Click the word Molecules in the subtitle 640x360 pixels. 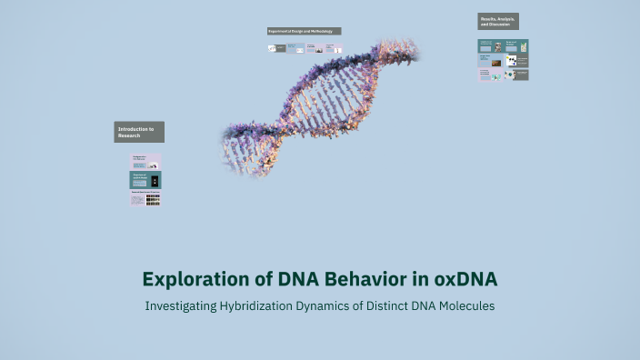pyautogui.click(x=465, y=306)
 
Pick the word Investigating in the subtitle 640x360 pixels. pyautogui.click(x=180, y=306)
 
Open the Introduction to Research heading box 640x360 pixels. pyautogui.click(x=139, y=132)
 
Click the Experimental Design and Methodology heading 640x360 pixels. pyautogui.click(x=304, y=31)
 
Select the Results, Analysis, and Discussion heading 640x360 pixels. pyautogui.click(x=498, y=21)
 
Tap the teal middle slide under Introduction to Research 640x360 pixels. pyautogui.click(x=145, y=180)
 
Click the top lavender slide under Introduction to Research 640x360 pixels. pyautogui.click(x=145, y=162)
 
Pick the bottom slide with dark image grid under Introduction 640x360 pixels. pyautogui.click(x=145, y=198)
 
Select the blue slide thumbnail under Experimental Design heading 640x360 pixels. pyautogui.click(x=295, y=48)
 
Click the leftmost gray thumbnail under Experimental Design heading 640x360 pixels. pyautogui.click(x=276, y=48)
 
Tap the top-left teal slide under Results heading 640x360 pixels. pyautogui.click(x=490, y=45)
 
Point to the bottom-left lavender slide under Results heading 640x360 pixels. pyautogui.click(x=490, y=75)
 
